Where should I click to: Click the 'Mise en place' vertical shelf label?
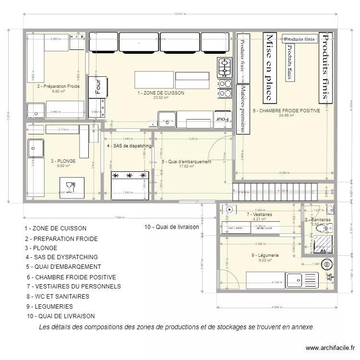269,67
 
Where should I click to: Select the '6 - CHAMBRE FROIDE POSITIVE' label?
287,110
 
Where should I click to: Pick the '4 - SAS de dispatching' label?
129,146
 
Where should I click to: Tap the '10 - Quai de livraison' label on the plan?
171,227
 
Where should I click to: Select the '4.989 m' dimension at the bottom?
276,306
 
